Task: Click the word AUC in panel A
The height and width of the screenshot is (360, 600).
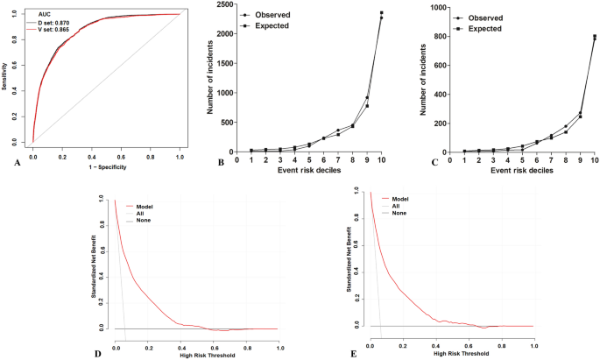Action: (39, 14)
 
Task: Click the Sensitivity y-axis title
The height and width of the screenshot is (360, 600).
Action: (5, 77)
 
